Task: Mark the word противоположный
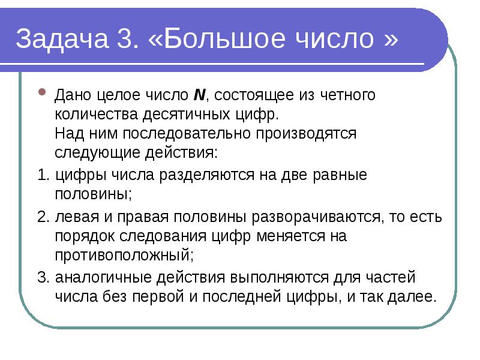[x=124, y=254]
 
